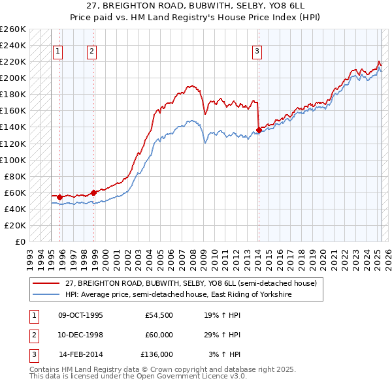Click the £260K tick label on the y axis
point(13,29)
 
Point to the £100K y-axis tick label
point(13,160)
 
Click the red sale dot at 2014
point(259,131)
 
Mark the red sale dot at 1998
point(94,192)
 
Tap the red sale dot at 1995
point(60,197)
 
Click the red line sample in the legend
point(46,283)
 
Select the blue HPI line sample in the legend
point(46,294)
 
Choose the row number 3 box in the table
point(33,354)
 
